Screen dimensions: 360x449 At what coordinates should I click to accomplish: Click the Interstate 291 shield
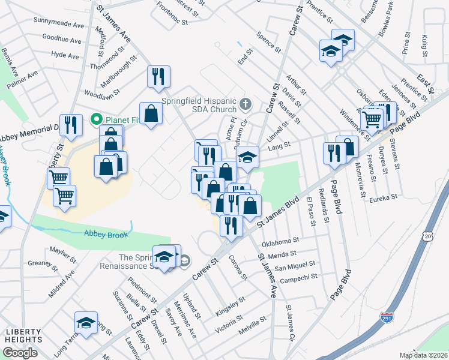click(387, 316)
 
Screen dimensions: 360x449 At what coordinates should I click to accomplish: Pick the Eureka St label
click(384, 197)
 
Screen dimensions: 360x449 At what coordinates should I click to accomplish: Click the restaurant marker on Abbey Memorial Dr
click(71, 124)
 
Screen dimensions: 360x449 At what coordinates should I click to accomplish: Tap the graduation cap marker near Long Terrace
click(86, 323)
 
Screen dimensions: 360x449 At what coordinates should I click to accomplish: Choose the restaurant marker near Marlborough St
click(158, 76)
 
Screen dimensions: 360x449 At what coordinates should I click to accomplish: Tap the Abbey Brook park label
click(106, 235)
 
